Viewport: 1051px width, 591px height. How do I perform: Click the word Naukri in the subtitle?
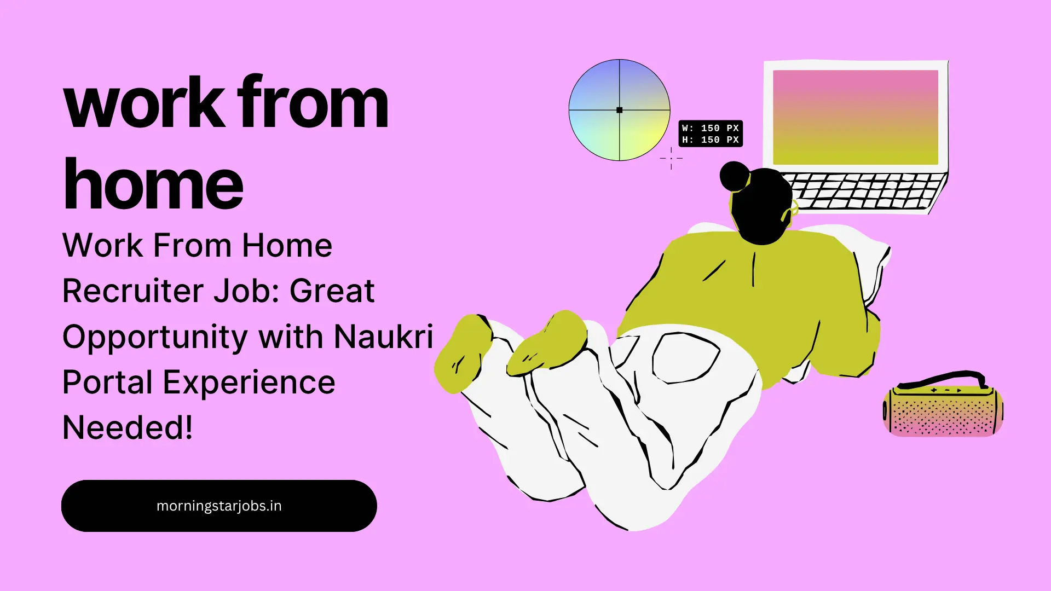383,336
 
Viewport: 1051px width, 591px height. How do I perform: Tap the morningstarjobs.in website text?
219,506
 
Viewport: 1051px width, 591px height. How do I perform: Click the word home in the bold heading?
153,184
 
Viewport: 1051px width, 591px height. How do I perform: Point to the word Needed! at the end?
128,427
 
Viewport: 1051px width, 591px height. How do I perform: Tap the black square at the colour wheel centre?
619,110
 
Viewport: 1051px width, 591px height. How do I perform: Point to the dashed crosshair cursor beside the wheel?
671,158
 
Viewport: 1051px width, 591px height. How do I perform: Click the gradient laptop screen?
855,117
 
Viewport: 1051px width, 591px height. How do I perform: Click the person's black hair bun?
735,176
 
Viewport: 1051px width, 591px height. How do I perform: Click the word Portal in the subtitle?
107,382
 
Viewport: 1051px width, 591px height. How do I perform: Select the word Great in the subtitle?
332,291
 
